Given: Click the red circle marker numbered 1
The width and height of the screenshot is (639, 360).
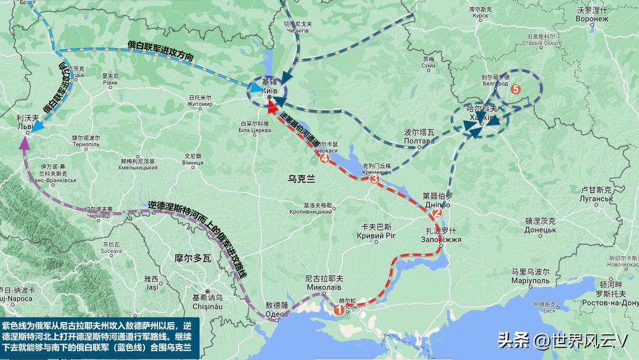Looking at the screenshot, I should (339, 309).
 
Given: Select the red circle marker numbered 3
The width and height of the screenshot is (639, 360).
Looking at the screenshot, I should (374, 180).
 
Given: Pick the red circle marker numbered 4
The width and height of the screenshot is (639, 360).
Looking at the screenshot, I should (324, 158).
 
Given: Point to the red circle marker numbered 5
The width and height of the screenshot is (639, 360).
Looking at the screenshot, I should (515, 89).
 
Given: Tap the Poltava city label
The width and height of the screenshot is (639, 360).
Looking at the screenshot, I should (419, 137).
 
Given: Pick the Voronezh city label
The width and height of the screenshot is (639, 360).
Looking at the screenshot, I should (592, 14).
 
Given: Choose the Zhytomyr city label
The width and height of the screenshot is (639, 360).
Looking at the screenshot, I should (200, 101).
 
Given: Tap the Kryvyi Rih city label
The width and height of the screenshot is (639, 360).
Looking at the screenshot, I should (377, 231).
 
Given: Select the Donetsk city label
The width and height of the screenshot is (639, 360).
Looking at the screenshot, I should (540, 225).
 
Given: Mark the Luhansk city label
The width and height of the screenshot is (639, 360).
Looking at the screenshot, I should (596, 194).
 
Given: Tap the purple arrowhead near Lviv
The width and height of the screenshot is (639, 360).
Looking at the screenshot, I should (24, 142).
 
